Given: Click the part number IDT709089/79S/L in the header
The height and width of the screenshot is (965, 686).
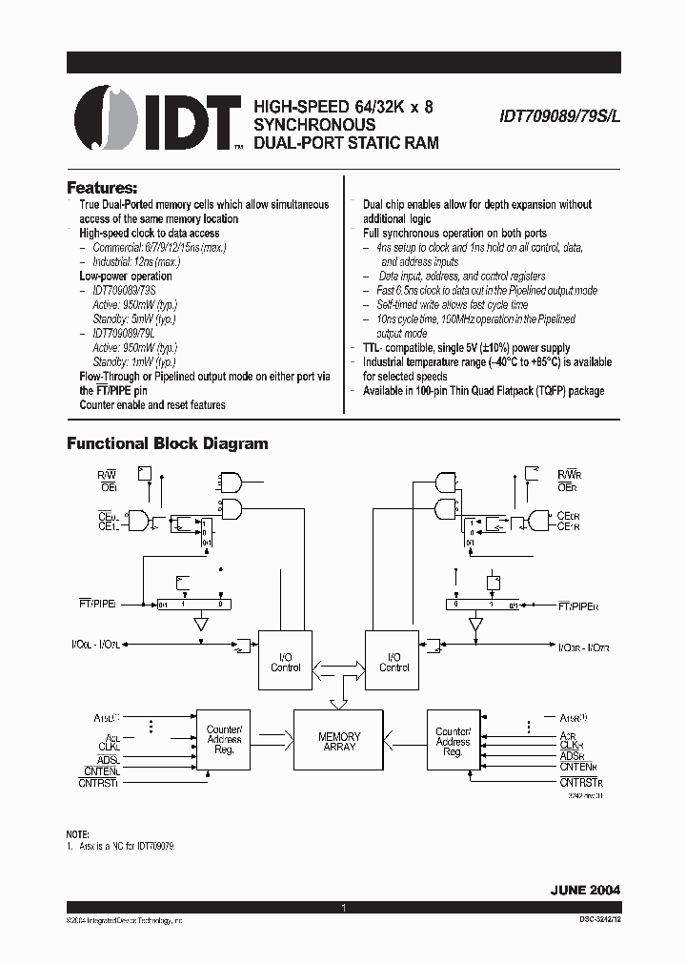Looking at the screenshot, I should click(x=558, y=112).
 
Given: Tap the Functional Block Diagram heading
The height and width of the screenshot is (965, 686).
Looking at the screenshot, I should click(x=167, y=443).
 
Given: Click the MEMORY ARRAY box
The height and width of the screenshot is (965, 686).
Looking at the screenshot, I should click(x=339, y=742).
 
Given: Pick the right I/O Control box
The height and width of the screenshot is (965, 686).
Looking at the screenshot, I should click(x=393, y=662).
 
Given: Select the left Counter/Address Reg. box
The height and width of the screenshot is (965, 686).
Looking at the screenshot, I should click(x=224, y=740).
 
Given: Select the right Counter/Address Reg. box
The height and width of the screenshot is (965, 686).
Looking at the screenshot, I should click(x=453, y=740).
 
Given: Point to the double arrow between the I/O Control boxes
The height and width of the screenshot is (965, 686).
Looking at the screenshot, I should click(x=338, y=667).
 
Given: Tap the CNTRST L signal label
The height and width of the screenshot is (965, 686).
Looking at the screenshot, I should click(x=97, y=782).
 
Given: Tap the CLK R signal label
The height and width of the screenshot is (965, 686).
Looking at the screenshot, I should click(x=572, y=746).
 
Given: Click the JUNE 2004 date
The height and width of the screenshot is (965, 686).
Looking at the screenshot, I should click(x=584, y=889).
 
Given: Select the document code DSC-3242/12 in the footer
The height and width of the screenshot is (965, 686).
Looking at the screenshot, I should click(x=592, y=919).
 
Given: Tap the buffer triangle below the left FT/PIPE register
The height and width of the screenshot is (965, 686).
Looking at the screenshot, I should click(x=200, y=625).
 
